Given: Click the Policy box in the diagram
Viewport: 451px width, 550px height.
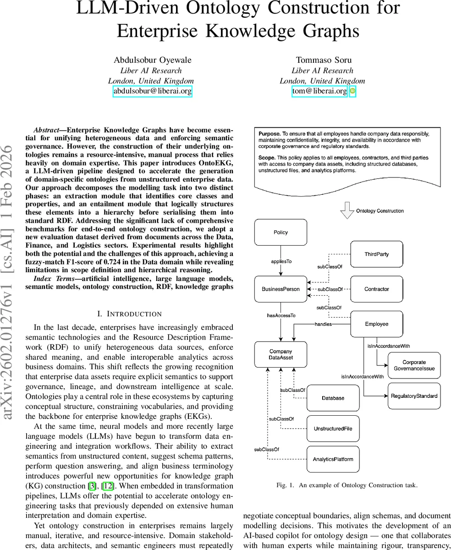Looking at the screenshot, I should [x=280, y=232].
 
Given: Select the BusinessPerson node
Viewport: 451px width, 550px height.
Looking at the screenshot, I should [x=280, y=289].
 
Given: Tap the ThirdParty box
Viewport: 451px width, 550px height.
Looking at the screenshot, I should [x=377, y=254].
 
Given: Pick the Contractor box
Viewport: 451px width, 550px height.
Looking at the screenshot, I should [x=377, y=289].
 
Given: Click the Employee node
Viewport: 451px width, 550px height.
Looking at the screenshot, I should [x=377, y=324].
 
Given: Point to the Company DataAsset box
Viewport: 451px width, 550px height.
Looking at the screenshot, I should [x=280, y=354].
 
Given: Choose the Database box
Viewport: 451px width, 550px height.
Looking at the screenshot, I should [x=333, y=398].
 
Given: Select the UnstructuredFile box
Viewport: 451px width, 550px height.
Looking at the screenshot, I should [x=333, y=429].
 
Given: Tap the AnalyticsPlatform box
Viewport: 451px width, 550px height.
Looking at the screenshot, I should [x=333, y=459].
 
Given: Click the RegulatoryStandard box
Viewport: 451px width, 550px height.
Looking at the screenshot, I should [x=414, y=396].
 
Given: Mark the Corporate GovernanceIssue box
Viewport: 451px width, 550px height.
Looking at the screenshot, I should [x=414, y=365].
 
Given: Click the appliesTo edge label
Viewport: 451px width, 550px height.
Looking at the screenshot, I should [x=281, y=261].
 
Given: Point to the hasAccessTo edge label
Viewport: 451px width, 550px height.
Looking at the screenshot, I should [x=281, y=315].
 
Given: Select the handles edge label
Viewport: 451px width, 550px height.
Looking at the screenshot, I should [x=324, y=324].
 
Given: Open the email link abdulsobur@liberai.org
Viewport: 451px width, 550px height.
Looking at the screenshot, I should [x=153, y=91].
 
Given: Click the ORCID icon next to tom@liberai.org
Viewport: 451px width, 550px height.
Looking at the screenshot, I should [x=352, y=91].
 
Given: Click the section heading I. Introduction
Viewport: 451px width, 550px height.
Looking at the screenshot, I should [x=130, y=314].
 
